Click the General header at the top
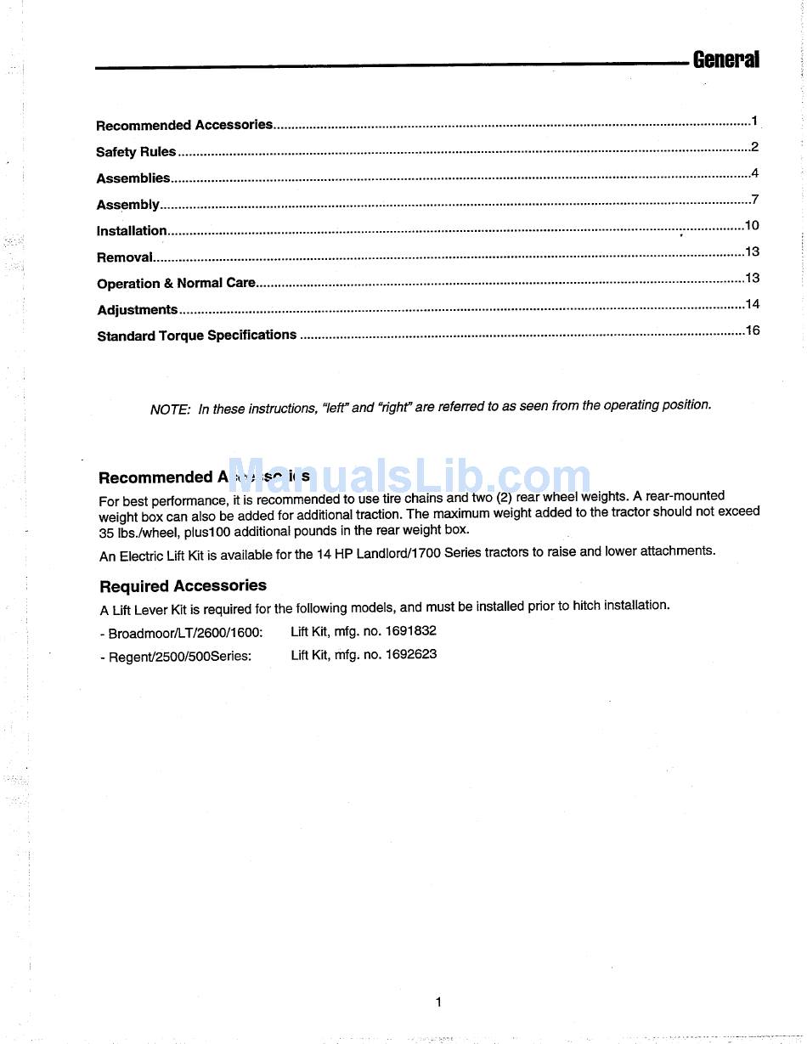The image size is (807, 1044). point(725,59)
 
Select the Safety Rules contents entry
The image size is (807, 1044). point(136,152)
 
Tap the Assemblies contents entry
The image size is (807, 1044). point(133,178)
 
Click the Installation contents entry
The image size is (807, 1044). point(132,231)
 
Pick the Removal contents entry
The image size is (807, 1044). point(125,257)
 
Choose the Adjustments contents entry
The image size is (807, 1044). point(138,310)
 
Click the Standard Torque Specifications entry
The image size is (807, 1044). point(197,336)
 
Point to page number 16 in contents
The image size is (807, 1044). point(753,330)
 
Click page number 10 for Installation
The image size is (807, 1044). point(752,226)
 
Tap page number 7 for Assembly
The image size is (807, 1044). point(754,200)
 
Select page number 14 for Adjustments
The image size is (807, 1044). point(753,304)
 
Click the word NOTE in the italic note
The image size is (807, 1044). point(170,409)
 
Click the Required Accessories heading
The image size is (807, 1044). point(183,586)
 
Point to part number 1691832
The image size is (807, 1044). point(411,631)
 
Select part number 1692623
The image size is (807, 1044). point(411,655)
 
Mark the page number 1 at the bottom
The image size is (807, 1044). point(438,1002)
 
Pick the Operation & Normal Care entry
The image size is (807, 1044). point(176,284)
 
